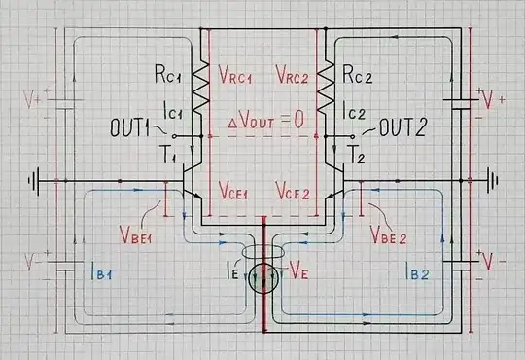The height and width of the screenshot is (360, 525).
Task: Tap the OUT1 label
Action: click(132, 126)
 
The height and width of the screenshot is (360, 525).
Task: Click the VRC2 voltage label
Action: click(295, 74)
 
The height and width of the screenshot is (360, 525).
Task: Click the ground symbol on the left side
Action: click(36, 181)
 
